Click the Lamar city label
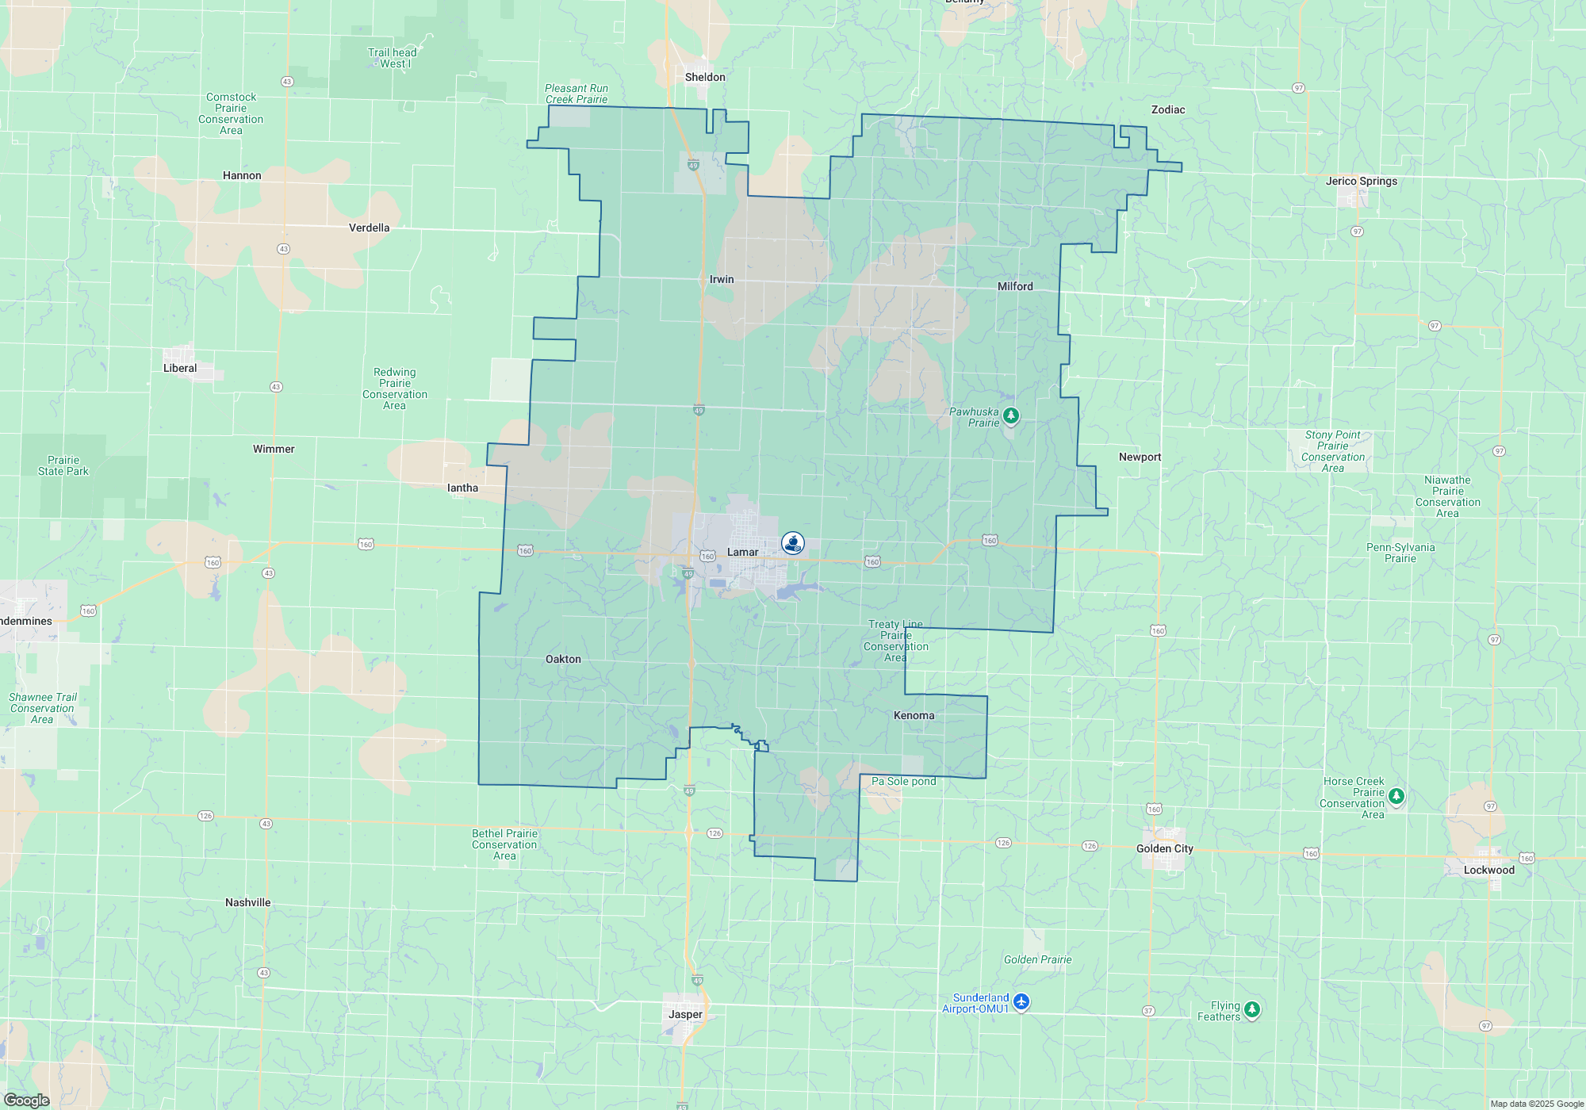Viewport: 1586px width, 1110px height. [x=742, y=552]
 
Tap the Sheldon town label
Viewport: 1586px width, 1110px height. [x=705, y=77]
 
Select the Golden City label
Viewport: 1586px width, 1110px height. [x=1164, y=848]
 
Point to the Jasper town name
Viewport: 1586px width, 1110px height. [x=685, y=1014]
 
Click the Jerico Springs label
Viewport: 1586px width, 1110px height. [x=1362, y=181]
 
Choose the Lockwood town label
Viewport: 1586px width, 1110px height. [x=1488, y=870]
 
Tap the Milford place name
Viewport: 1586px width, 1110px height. [x=1015, y=286]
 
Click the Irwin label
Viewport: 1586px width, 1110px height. [x=722, y=279]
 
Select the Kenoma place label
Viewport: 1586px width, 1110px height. [x=914, y=715]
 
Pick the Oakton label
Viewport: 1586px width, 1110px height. [x=563, y=659]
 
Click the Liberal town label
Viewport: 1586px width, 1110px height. [x=180, y=368]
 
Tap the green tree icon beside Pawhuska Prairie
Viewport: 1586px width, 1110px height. [x=1010, y=415]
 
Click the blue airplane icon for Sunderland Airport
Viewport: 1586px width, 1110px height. [x=1021, y=1002]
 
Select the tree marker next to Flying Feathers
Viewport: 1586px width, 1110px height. [x=1252, y=1009]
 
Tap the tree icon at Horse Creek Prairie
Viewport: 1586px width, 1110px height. [x=1396, y=795]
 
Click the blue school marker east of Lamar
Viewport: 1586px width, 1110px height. [x=792, y=542]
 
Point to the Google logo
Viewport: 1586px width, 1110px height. [x=27, y=1100]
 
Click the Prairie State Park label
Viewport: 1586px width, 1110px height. [x=63, y=465]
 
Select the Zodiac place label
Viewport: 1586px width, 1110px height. [x=1168, y=109]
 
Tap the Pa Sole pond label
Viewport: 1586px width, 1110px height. [x=903, y=781]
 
